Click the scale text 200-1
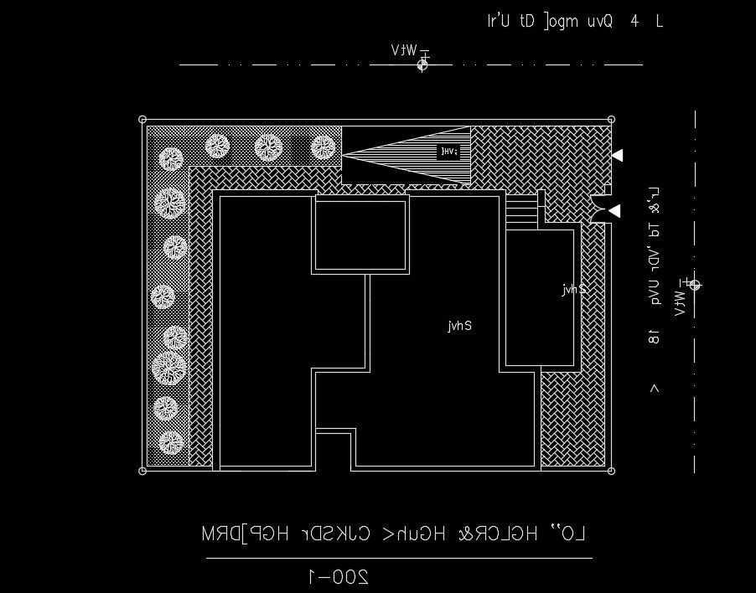click(339, 576)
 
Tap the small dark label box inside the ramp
click(449, 152)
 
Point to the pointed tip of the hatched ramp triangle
click(344, 154)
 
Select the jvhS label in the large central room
click(460, 326)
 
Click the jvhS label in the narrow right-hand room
click(574, 289)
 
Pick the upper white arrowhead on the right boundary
click(618, 155)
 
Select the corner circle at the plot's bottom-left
click(142, 471)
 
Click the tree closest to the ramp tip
click(324, 147)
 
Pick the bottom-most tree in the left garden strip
click(171, 442)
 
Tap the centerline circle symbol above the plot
click(423, 64)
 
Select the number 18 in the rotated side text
click(654, 337)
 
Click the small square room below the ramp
click(360, 235)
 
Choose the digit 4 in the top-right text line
click(634, 22)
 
